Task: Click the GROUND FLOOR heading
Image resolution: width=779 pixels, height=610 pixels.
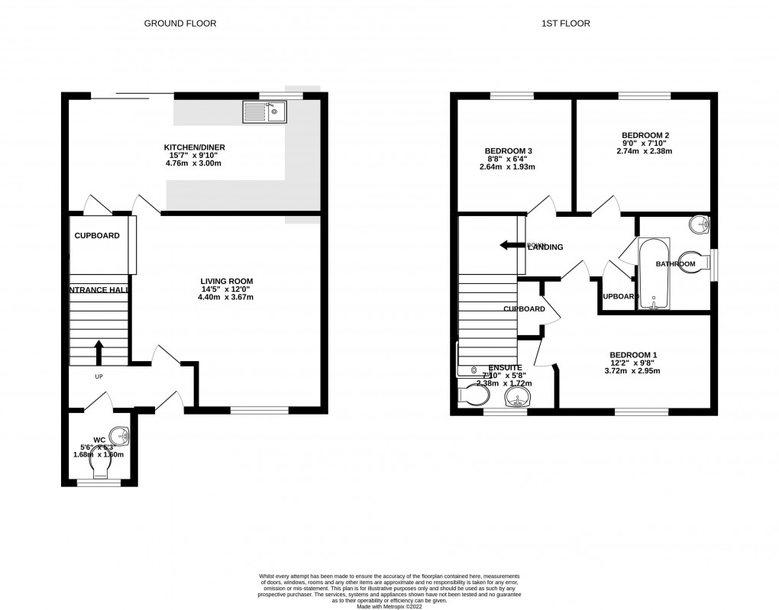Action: tap(180, 24)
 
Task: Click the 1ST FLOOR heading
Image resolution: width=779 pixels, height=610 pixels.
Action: tap(565, 24)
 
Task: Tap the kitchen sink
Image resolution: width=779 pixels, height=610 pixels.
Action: tap(263, 113)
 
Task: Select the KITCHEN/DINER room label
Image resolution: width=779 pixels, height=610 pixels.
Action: tap(195, 147)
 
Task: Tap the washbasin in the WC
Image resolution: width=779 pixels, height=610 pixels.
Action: tap(121, 436)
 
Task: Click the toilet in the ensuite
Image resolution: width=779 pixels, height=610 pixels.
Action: tap(468, 394)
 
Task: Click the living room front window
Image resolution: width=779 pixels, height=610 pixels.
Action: tap(260, 410)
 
